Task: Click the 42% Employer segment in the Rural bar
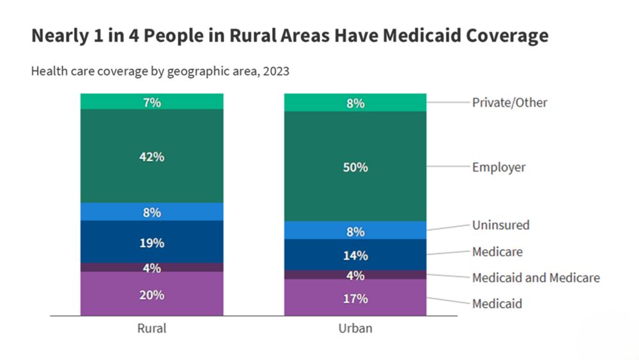pos(152,156)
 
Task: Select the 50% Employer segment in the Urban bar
pos(355,166)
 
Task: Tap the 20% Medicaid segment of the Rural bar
pos(152,294)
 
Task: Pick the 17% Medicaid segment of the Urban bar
pos(355,298)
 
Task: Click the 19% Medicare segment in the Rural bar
pos(152,242)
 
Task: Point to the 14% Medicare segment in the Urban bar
pos(355,254)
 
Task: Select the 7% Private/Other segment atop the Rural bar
pos(152,102)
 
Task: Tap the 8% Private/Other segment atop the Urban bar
pos(355,103)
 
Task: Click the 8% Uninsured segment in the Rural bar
pos(152,212)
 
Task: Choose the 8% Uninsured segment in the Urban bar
pos(355,231)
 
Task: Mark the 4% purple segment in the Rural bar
pos(152,268)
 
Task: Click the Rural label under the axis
pos(152,329)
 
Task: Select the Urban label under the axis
pos(355,329)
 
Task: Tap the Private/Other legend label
pos(509,102)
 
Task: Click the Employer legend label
pos(498,168)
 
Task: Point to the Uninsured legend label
pos(500,225)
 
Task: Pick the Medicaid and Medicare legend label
pos(535,278)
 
